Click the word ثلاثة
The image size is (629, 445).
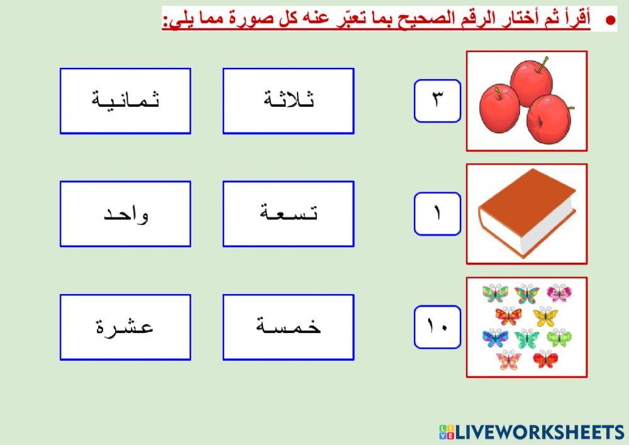coord(289,101)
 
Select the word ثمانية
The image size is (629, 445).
coord(125,101)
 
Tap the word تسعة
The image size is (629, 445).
coord(289,214)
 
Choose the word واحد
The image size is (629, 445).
coord(125,214)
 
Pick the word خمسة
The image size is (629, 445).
coord(289,327)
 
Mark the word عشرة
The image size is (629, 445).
coord(125,327)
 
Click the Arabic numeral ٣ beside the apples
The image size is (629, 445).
coord(437,101)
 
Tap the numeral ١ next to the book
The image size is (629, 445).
coord(437,214)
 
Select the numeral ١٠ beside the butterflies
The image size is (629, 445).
coord(437,327)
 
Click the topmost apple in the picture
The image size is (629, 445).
coord(532,79)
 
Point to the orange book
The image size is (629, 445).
coord(527,214)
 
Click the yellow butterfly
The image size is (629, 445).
coord(545,316)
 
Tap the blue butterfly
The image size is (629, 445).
coord(495,338)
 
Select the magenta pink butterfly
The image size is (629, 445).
coord(559,293)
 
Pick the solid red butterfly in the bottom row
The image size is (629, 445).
coord(545,360)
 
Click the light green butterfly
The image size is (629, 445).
coord(559,338)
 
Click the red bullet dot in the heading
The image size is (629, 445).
coord(610,20)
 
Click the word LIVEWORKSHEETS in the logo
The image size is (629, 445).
coord(540,432)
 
